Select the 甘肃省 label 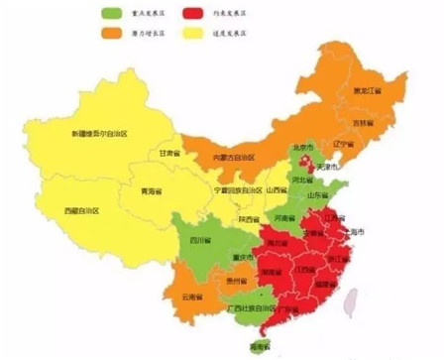coord(170,154)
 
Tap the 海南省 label coord(261,347)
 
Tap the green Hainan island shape coord(260,336)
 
